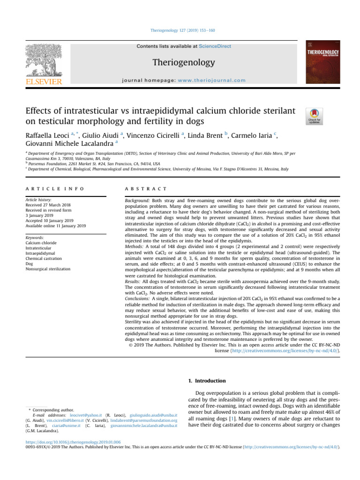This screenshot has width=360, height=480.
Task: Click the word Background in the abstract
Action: click(136, 200)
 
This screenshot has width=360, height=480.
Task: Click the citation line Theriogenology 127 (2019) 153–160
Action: click(180, 31)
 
